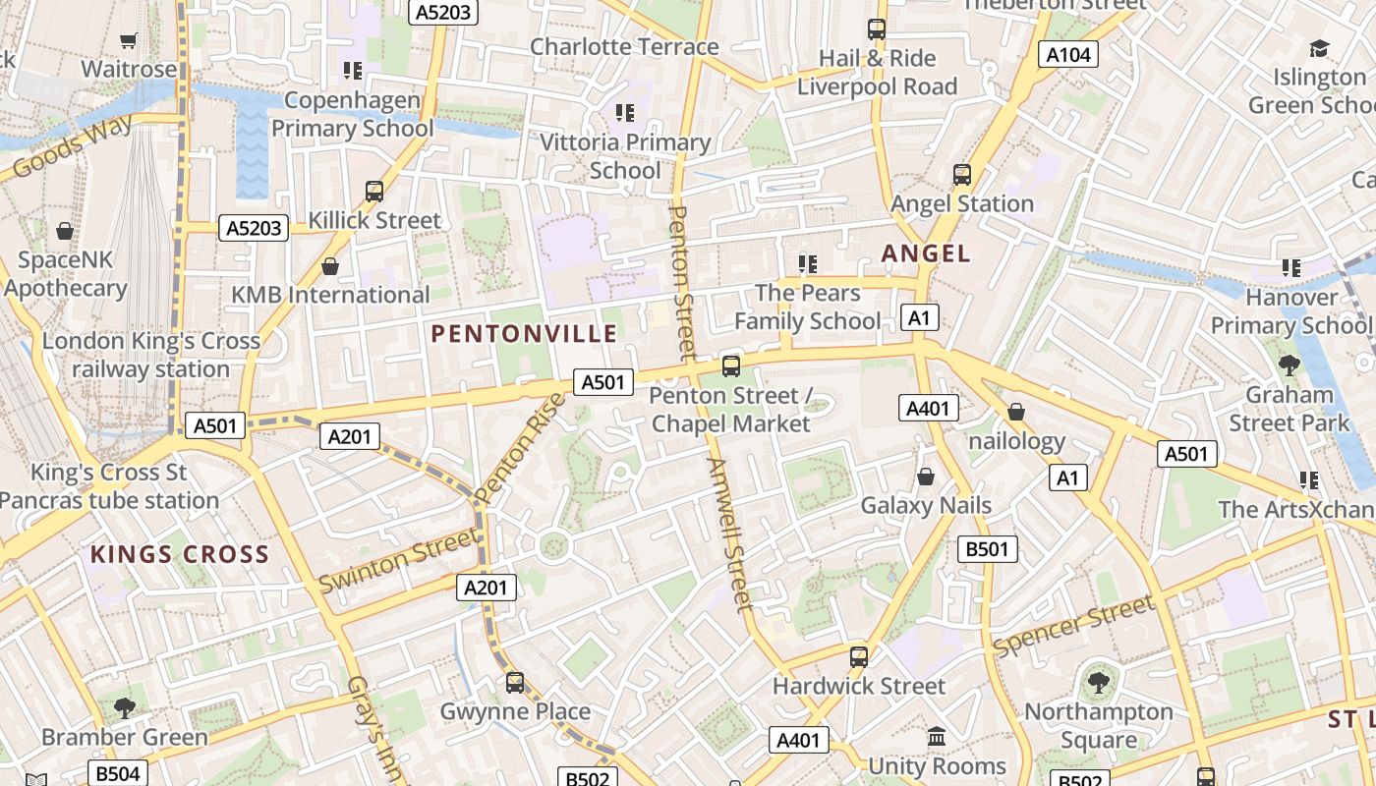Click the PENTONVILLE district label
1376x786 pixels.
pyautogui.click(x=524, y=334)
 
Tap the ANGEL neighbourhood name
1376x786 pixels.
pyautogui.click(x=926, y=253)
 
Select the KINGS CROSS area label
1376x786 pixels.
pyautogui.click(x=180, y=554)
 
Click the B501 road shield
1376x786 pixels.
pyautogui.click(x=987, y=549)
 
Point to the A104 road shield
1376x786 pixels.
pyautogui.click(x=1068, y=55)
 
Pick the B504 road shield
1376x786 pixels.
pyautogui.click(x=117, y=773)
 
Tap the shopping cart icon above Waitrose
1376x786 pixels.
pyautogui.click(x=128, y=40)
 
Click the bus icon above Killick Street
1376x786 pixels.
pyautogui.click(x=374, y=192)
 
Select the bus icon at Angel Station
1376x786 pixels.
pyautogui.click(x=962, y=175)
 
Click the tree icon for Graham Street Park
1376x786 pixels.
pyautogui.click(x=1289, y=365)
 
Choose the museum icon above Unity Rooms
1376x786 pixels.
pyautogui.click(x=937, y=736)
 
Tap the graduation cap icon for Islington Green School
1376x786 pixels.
pyautogui.click(x=1319, y=48)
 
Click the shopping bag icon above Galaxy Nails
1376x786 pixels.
pyautogui.click(x=926, y=477)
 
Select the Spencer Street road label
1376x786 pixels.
pyautogui.click(x=1073, y=626)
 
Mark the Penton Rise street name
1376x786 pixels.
pyautogui.click(x=521, y=447)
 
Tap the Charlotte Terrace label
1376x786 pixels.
pyautogui.click(x=624, y=46)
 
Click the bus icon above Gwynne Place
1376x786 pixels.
pyautogui.click(x=515, y=682)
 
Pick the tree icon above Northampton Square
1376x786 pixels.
pyautogui.click(x=1098, y=682)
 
